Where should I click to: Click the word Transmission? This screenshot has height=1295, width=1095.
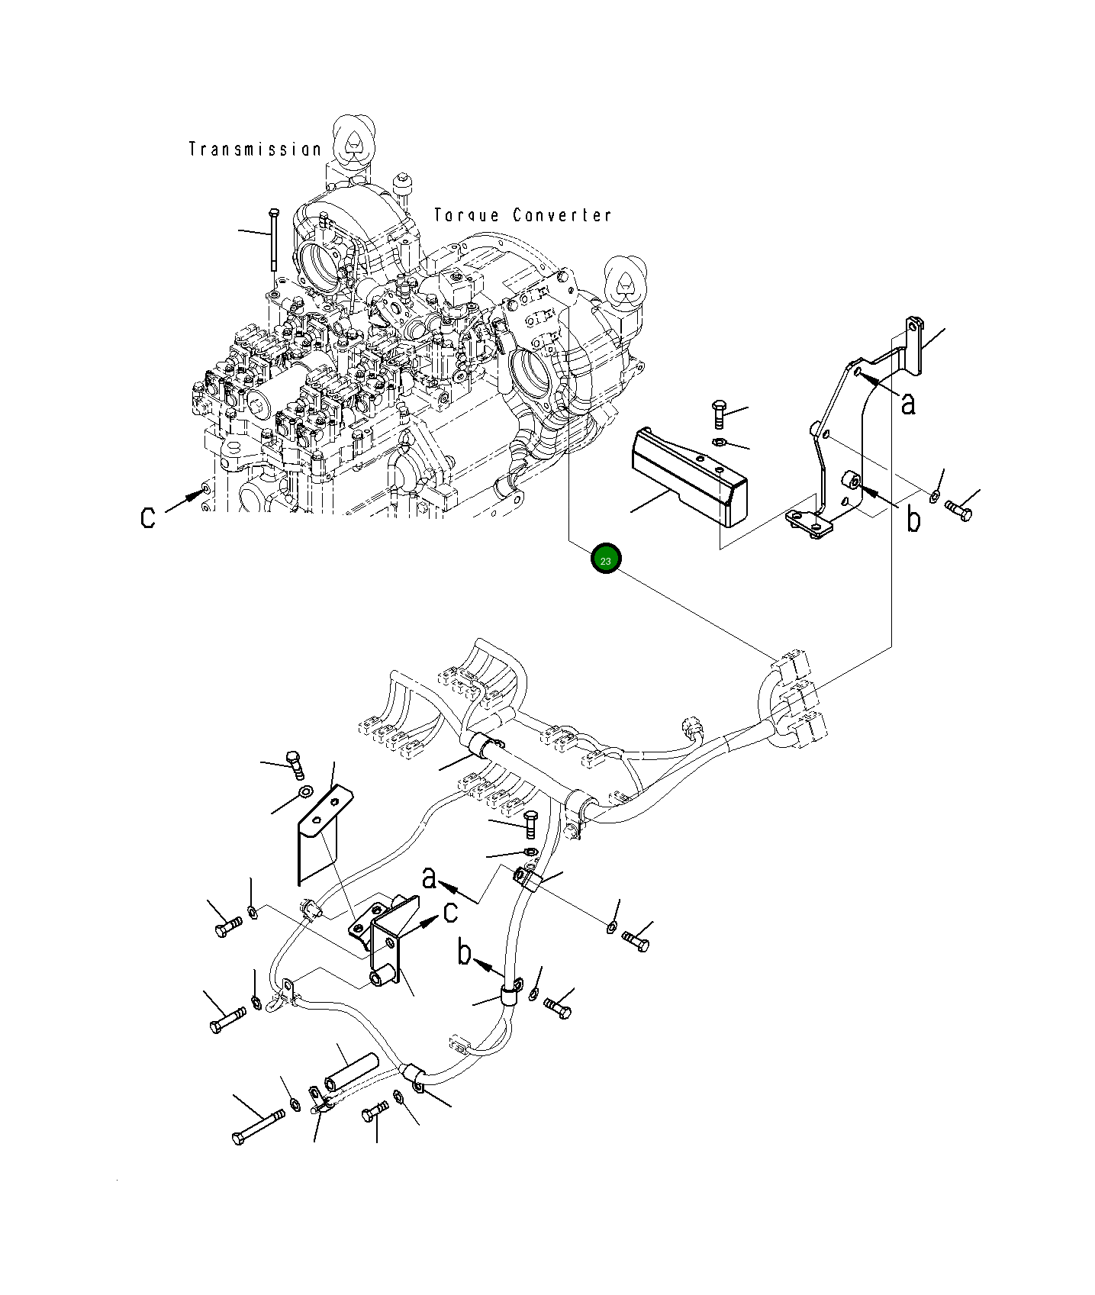pos(255,150)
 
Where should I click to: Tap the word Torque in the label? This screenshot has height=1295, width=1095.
pos(466,215)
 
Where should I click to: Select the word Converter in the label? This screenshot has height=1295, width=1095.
pos(562,215)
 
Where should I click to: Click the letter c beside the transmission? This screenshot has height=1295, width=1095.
pos(148,517)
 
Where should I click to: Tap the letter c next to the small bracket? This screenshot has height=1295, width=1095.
pos(450,911)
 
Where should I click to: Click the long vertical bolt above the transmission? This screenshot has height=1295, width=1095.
pos(273,238)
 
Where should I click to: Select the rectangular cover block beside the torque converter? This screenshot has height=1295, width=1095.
pos(687,476)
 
